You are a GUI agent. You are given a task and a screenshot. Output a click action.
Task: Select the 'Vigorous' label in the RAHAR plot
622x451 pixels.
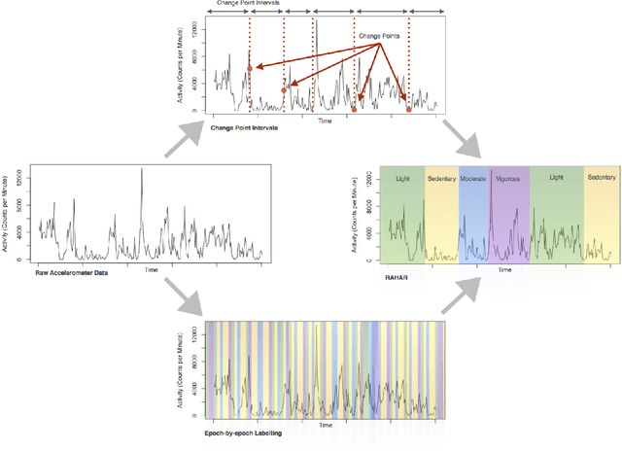pyautogui.click(x=507, y=179)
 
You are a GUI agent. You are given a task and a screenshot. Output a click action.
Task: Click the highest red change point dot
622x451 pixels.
pyautogui.click(x=250, y=68)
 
